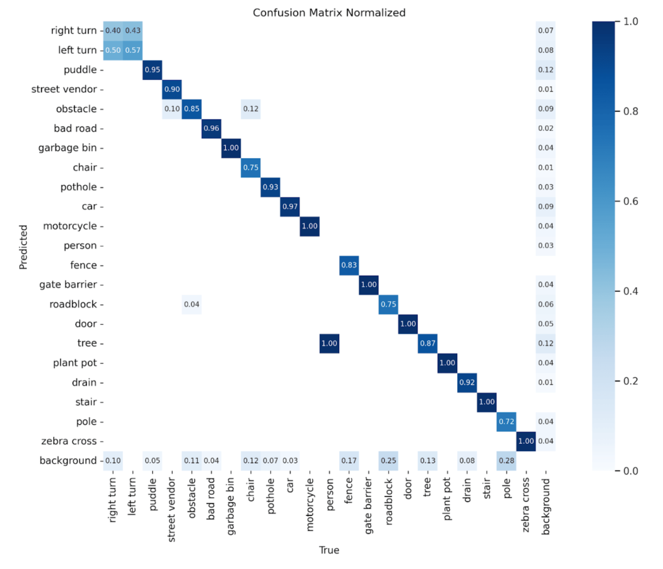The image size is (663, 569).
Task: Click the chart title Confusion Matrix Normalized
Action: [329, 13]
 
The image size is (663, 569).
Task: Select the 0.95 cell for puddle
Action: [152, 70]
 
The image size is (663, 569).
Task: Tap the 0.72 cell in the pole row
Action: [506, 421]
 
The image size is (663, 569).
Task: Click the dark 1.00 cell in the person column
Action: [329, 343]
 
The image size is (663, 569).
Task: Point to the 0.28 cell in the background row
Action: [506, 461]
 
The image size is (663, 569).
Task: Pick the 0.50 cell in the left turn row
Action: [113, 50]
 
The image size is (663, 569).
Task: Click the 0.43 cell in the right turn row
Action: [133, 31]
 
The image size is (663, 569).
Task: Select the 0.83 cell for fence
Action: [349, 265]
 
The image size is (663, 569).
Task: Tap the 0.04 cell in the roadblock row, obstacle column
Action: [192, 304]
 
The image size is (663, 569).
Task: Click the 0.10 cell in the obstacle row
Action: [172, 109]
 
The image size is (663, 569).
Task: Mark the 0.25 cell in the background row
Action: [388, 461]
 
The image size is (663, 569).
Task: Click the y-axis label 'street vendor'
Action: [64, 89]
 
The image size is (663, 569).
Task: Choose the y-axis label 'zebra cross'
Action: [69, 441]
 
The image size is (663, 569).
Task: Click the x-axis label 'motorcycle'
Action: [309, 504]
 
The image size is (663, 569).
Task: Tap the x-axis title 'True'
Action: [329, 550]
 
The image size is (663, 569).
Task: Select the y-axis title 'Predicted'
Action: [23, 247]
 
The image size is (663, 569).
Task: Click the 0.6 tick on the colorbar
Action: [630, 201]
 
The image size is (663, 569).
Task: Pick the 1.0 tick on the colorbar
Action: [630, 22]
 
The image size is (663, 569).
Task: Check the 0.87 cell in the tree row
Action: [427, 343]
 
